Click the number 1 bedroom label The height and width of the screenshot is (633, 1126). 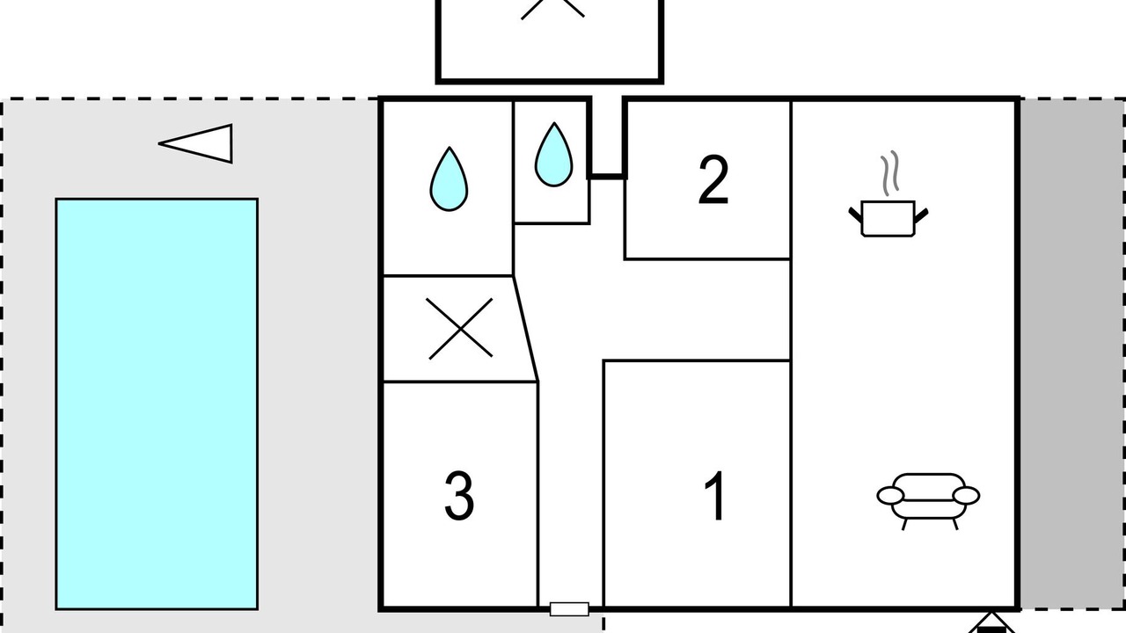click(x=714, y=496)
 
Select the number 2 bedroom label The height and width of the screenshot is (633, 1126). click(x=713, y=180)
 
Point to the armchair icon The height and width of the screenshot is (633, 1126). click(x=928, y=501)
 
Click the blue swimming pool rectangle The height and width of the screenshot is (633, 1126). click(x=157, y=404)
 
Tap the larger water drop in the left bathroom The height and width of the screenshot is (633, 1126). click(x=449, y=178)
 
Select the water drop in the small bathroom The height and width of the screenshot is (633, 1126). click(x=553, y=154)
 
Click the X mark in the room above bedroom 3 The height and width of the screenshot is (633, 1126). click(x=459, y=329)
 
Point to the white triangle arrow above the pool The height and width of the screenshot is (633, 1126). click(x=195, y=143)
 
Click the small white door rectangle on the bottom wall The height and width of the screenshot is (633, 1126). click(x=569, y=609)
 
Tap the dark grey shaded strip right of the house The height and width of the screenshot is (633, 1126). click(x=1072, y=354)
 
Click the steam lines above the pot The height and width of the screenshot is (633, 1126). click(x=889, y=173)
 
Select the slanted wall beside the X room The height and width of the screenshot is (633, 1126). click(x=525, y=329)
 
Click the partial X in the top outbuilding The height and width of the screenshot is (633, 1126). click(x=552, y=9)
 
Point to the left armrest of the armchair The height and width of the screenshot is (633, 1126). click(x=890, y=495)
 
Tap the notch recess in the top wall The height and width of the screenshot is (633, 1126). click(x=607, y=138)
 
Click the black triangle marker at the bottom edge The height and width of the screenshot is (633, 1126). click(x=991, y=623)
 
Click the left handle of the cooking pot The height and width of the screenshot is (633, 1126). click(x=856, y=215)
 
